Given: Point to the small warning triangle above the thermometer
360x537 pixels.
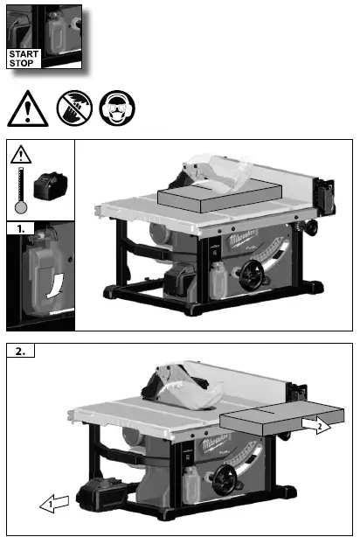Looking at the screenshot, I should click(x=21, y=155).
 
